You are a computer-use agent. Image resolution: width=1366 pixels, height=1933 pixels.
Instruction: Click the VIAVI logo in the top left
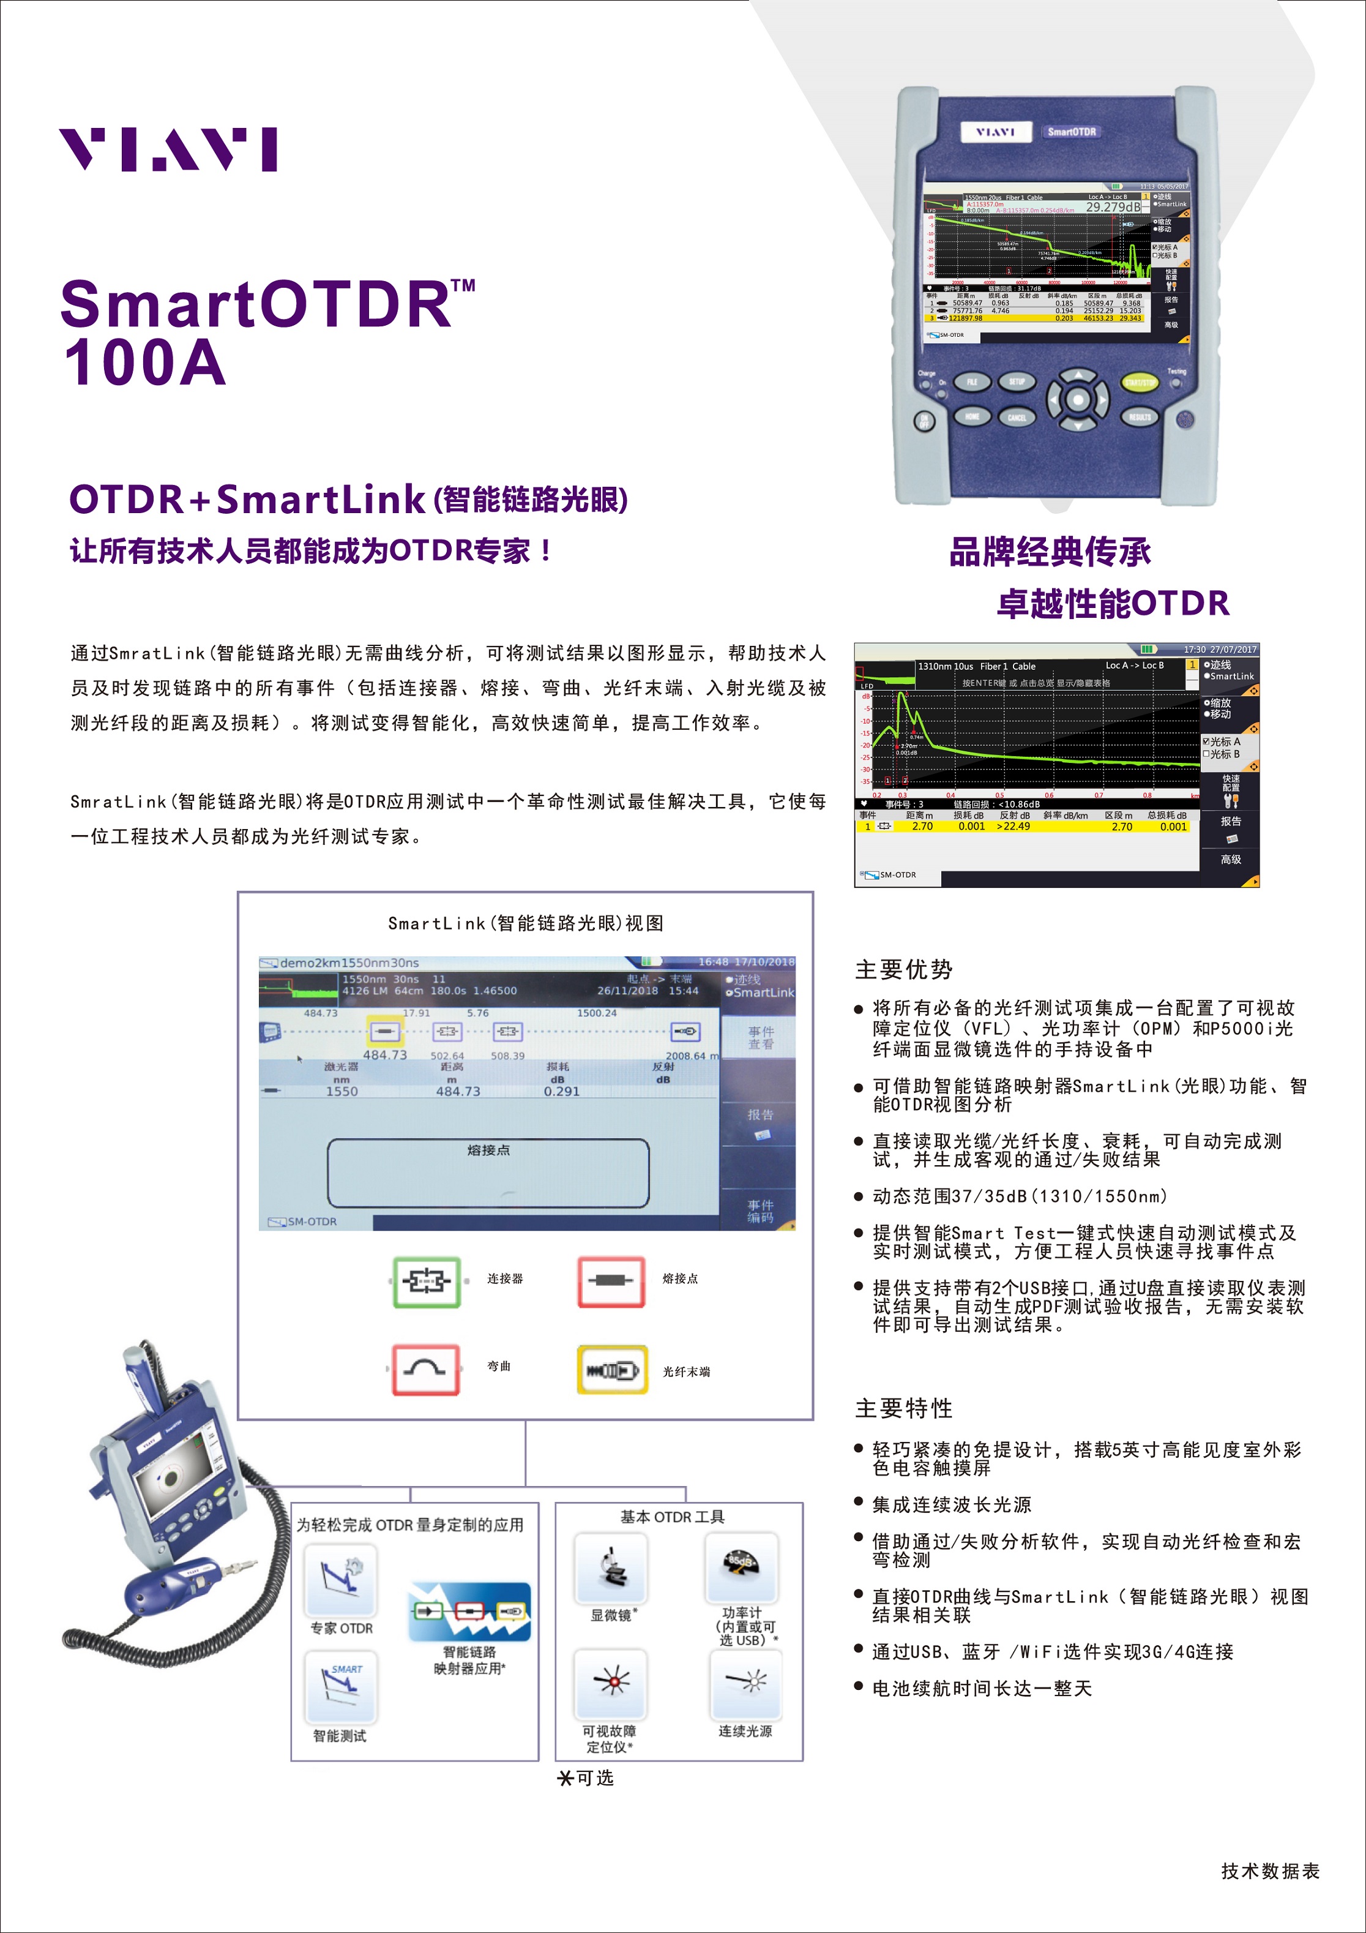click(168, 150)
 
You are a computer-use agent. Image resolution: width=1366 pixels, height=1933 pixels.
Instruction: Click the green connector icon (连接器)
click(427, 1282)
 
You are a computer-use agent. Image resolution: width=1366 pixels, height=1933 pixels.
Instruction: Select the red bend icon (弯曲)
click(426, 1370)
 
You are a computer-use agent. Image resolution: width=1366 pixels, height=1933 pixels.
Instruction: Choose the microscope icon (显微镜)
click(611, 1567)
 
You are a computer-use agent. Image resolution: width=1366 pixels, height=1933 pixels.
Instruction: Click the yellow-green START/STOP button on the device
click(1140, 383)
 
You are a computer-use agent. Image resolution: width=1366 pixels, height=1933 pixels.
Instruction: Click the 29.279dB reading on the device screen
click(1113, 207)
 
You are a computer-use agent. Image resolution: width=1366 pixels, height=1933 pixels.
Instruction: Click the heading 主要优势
click(904, 970)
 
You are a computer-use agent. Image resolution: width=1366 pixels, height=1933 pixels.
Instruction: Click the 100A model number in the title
click(145, 364)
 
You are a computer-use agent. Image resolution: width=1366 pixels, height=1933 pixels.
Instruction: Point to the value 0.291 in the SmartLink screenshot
click(561, 1091)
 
